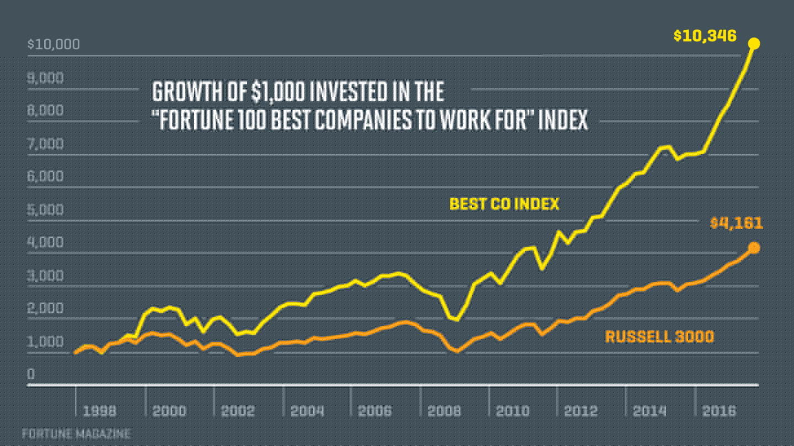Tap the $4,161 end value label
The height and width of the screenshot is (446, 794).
(736, 223)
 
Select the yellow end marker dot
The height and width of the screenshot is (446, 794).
(754, 43)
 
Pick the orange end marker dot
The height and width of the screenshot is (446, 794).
(754, 248)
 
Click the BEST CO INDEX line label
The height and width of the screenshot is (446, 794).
(504, 204)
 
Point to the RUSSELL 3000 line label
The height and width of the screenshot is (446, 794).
(659, 336)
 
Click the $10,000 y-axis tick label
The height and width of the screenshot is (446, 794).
(53, 44)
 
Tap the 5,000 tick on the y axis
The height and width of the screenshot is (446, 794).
(45, 210)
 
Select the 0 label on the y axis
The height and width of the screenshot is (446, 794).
(31, 375)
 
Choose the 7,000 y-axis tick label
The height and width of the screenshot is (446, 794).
(45, 144)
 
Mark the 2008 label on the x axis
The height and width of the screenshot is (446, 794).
(444, 411)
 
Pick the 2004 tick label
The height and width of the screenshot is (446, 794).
(307, 411)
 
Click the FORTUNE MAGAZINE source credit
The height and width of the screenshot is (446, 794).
(76, 434)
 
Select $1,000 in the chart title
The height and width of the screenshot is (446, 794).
(279, 92)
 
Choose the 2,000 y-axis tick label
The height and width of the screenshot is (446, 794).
(45, 309)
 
